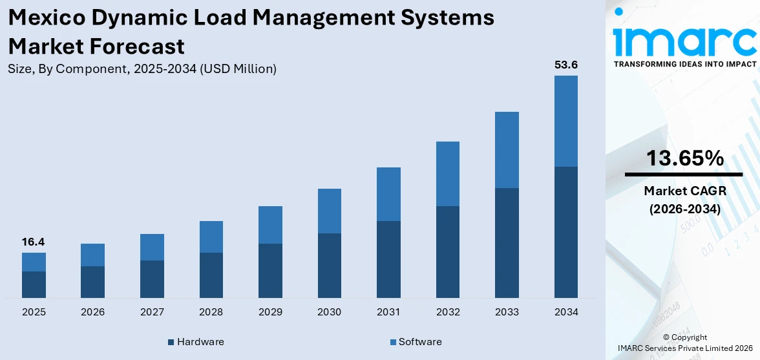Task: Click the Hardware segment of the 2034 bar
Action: pos(565,232)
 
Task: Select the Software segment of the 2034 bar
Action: pos(565,121)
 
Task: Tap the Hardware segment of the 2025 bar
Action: pos(34,284)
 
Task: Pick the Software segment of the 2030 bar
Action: pos(329,211)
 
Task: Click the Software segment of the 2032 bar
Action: pos(447,174)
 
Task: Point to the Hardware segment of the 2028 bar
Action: pos(211,275)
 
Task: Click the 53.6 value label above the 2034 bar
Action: pos(565,65)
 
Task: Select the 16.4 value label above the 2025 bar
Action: pos(34,242)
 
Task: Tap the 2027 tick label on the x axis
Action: pos(152,312)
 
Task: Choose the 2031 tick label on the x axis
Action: pos(388,312)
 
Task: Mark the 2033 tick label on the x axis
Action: pos(507,312)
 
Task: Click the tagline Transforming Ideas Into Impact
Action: pos(684,64)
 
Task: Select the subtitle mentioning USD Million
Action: pos(142,69)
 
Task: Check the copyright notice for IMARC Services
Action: pos(685,343)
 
